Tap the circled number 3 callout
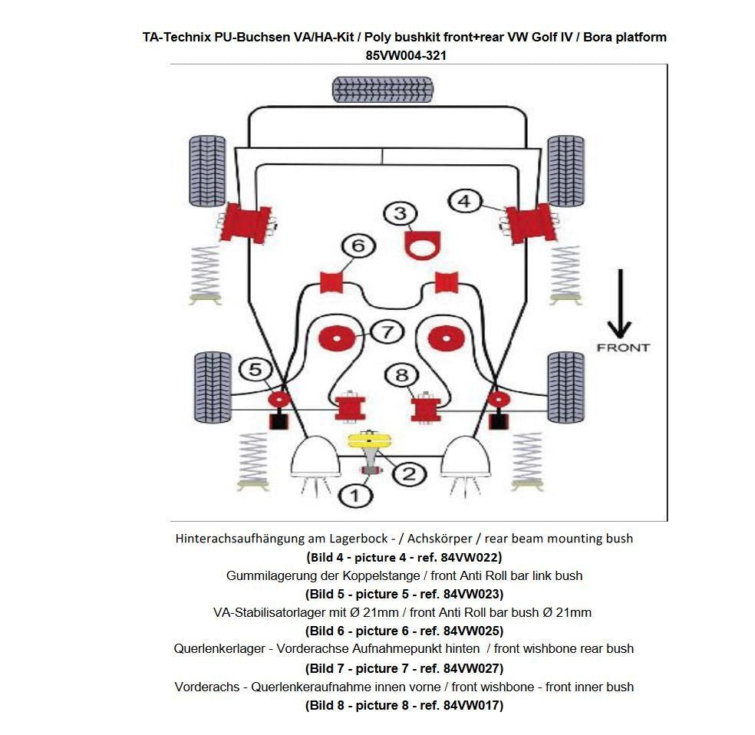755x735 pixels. click(x=400, y=213)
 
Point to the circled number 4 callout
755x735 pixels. click(x=463, y=202)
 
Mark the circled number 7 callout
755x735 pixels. click(x=387, y=332)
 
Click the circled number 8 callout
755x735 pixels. click(x=401, y=375)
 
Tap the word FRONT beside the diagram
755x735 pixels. click(x=622, y=348)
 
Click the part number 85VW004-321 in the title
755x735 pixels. click(x=404, y=55)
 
